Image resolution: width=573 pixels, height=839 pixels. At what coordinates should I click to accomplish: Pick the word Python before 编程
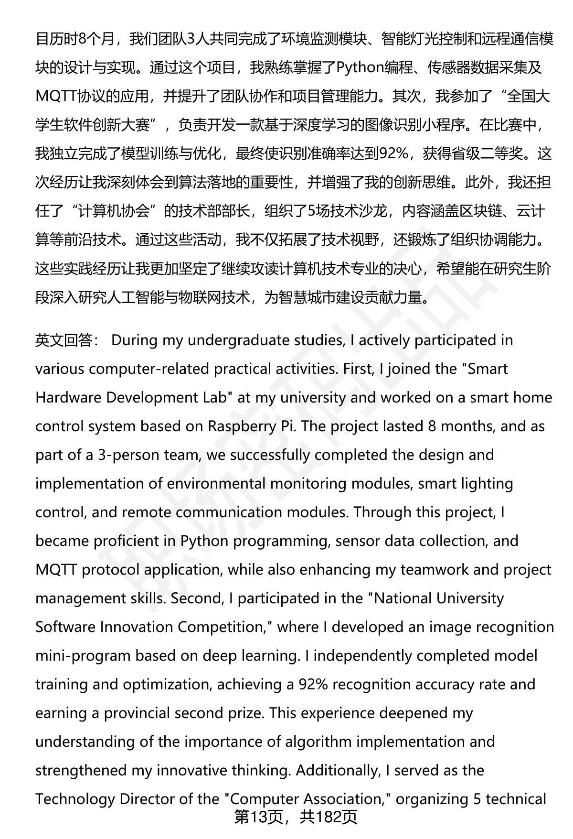tap(360, 68)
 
